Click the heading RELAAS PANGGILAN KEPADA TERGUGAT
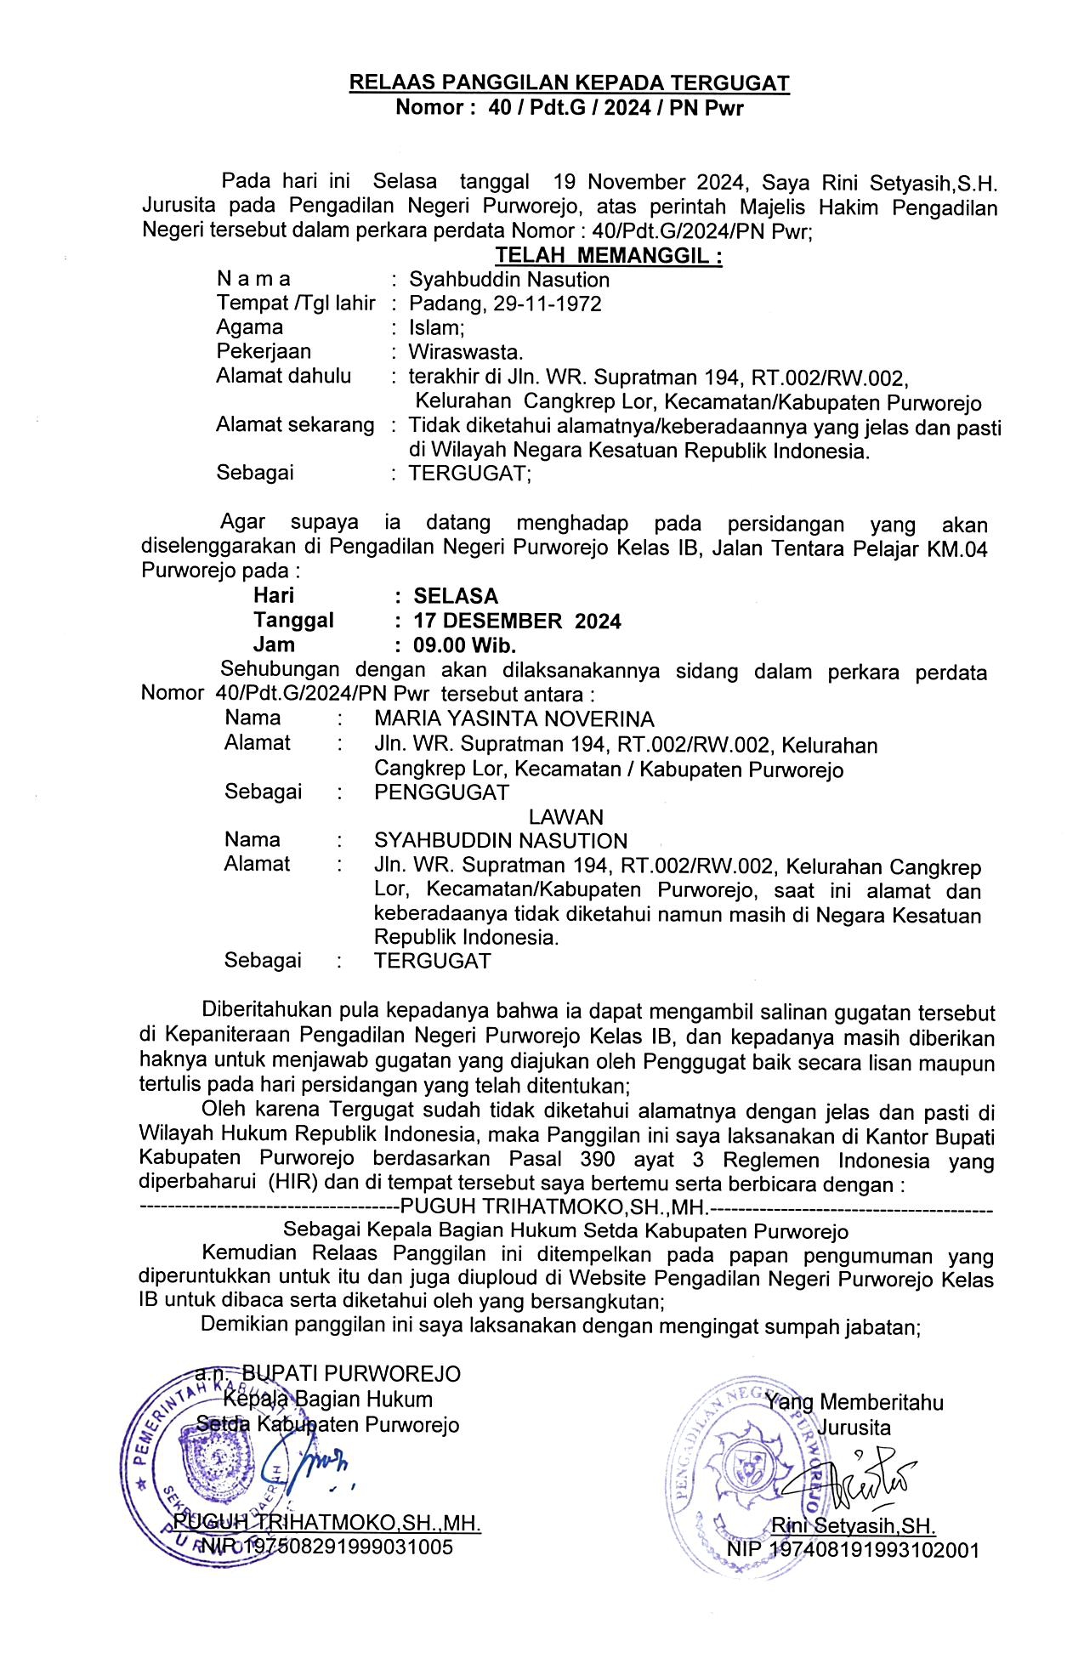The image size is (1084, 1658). (x=570, y=83)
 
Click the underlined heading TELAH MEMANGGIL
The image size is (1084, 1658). (x=609, y=256)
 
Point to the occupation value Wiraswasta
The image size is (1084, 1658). (x=466, y=352)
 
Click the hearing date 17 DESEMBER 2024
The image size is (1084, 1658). (x=517, y=622)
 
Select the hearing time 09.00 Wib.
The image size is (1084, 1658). (x=465, y=645)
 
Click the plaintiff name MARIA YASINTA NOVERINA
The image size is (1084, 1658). (x=514, y=719)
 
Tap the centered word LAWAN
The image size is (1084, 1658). (x=566, y=817)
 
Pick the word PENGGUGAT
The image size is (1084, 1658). (x=441, y=792)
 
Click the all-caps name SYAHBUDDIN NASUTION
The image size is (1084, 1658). (x=501, y=841)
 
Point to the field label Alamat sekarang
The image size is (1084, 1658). (x=295, y=424)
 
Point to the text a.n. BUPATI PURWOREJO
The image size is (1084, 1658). (x=328, y=1373)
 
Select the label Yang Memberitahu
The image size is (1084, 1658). (x=854, y=1402)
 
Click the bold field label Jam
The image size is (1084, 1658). (x=274, y=645)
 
